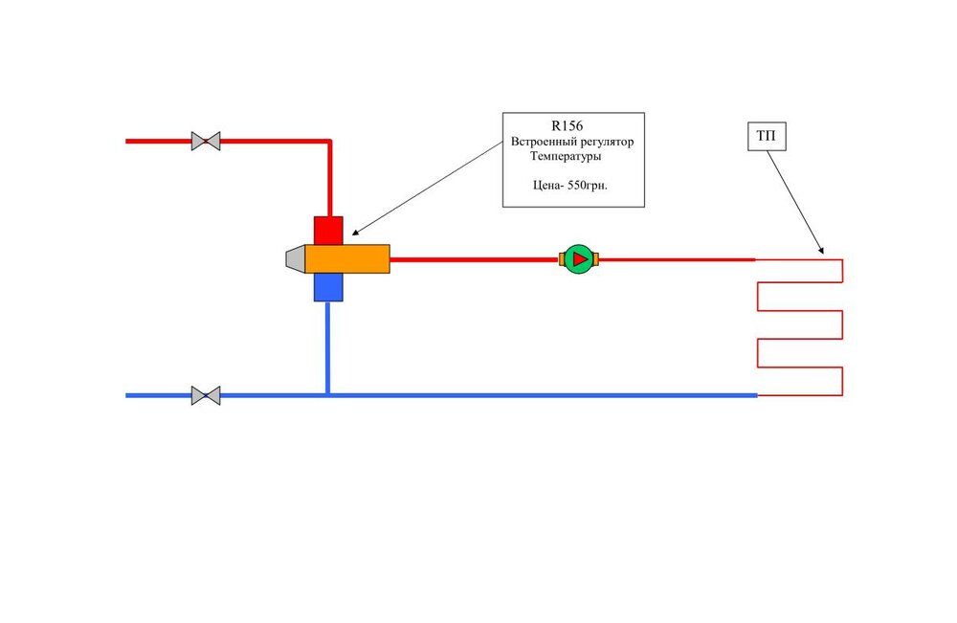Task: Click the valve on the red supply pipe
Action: coord(206,142)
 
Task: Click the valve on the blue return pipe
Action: coord(206,395)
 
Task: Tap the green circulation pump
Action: coord(578,258)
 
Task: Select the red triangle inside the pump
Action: coord(579,258)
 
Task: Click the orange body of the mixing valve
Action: coord(347,258)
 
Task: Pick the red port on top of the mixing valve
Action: coord(328,230)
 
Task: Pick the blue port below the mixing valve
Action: coord(328,287)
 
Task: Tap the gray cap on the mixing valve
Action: coord(295,258)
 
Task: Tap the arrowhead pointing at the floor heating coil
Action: coord(821,253)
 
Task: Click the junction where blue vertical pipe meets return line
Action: coord(328,395)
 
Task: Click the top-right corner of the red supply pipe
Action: coord(329,142)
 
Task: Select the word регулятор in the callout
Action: coord(607,142)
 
